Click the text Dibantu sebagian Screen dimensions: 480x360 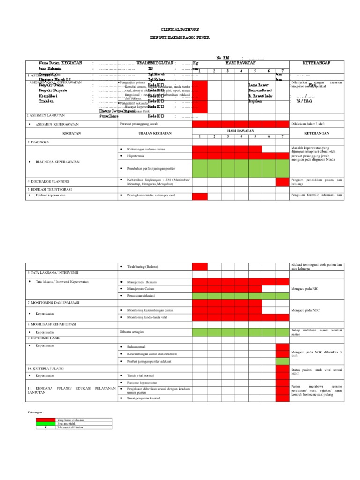click(132, 332)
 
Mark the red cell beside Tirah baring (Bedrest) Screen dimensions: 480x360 click(199, 267)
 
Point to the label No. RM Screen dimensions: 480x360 click(223, 58)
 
